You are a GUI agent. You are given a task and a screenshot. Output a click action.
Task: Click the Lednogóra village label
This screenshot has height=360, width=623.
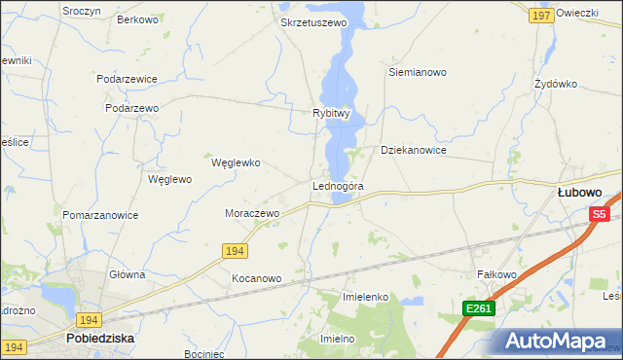tap(338, 186)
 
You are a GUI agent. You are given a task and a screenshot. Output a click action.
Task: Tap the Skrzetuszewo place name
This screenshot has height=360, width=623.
tap(313, 22)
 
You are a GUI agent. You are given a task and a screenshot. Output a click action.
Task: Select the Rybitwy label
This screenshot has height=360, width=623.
tap(331, 113)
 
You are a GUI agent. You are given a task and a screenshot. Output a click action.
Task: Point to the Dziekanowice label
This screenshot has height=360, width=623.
tap(413, 151)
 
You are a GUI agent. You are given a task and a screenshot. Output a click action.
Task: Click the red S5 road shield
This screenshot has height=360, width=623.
tap(599, 214)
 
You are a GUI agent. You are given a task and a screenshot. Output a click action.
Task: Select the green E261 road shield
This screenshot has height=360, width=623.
tap(479, 308)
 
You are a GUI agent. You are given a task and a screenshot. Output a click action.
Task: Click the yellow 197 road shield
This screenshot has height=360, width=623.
tap(542, 16)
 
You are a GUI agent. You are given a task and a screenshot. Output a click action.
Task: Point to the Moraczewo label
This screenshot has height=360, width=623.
tap(252, 212)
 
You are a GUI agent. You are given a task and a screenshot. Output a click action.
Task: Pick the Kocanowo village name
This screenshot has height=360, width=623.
tap(256, 278)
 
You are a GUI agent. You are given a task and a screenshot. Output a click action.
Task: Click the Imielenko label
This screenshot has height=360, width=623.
tap(366, 296)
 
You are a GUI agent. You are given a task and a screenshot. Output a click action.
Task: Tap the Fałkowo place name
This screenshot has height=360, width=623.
tap(495, 274)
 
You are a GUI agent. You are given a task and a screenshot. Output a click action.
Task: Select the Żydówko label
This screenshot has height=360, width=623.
tap(556, 84)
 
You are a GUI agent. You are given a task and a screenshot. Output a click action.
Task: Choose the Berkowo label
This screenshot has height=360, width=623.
tap(136, 19)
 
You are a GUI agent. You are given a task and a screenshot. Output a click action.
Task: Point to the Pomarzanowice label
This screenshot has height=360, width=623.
tap(100, 215)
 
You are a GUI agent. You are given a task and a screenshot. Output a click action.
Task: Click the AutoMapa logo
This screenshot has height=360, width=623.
tap(556, 341)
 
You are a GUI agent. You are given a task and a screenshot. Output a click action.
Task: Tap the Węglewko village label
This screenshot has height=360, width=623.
tap(236, 162)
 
